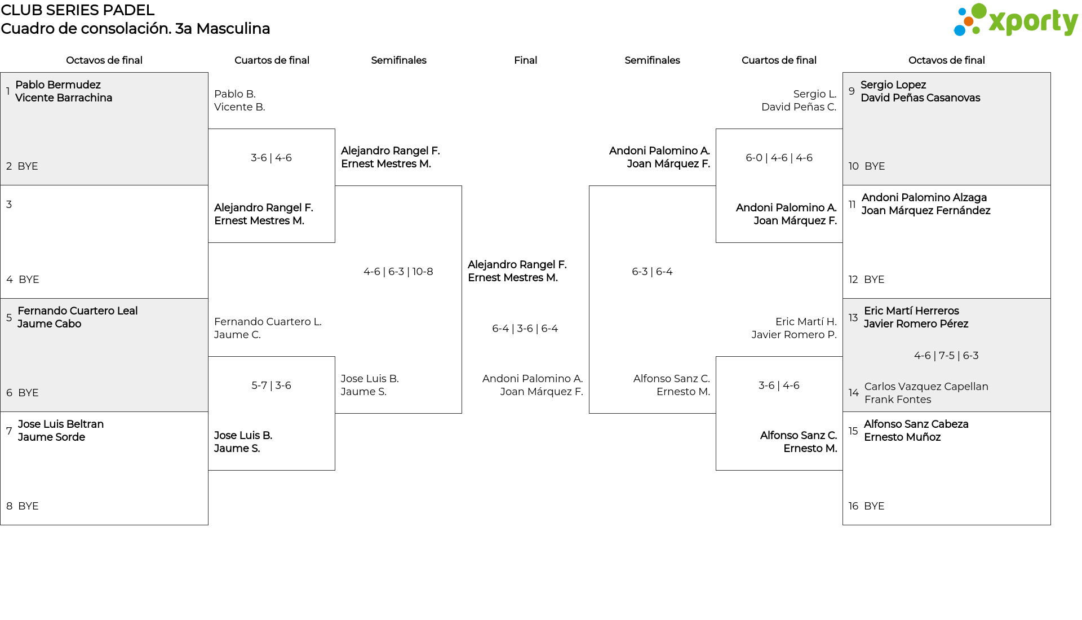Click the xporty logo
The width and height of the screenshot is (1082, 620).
pos(1016,20)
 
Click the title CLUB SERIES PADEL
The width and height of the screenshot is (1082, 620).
pos(78,10)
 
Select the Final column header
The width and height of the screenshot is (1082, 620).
pos(525,60)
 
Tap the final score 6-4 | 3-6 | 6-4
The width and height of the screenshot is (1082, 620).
pos(525,329)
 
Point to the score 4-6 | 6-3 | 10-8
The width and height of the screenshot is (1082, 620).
pos(398,272)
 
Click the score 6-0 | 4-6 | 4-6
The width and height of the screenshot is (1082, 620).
pos(779,158)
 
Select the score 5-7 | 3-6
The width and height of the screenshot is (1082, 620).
pos(271,386)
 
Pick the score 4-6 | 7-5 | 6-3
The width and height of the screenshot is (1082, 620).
pos(946,356)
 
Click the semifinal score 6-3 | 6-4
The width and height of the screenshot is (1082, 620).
pos(652,272)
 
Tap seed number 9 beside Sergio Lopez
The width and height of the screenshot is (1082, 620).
pos(852,91)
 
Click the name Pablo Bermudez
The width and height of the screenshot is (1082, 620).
pos(58,85)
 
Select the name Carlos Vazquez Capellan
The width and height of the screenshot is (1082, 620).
pos(926,386)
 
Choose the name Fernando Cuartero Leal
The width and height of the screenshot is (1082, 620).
pos(78,311)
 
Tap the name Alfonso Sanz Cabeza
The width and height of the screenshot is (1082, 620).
pos(916,424)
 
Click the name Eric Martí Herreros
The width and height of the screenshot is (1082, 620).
pos(911,311)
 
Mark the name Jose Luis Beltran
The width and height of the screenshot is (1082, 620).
pos(61,424)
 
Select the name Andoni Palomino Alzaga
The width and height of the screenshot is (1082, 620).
pos(924,197)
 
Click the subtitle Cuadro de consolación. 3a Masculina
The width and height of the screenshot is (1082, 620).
pos(135,29)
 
